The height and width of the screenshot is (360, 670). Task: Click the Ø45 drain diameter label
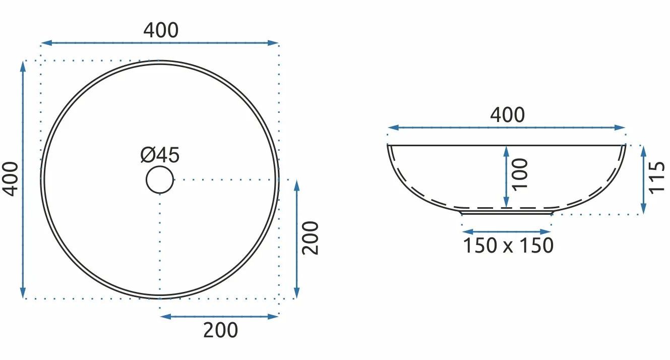tap(160, 155)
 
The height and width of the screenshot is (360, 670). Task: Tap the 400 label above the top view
tap(161, 30)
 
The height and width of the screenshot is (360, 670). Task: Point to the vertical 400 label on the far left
tap(11, 179)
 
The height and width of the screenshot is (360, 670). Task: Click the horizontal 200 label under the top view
tap(220, 330)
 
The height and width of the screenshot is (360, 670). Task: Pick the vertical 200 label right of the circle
tap(310, 238)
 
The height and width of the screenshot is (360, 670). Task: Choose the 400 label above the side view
tap(507, 115)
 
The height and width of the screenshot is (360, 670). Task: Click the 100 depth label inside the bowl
tap(520, 174)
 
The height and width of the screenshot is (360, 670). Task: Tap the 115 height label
tap(657, 178)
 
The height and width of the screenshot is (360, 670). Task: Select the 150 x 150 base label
tap(508, 246)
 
